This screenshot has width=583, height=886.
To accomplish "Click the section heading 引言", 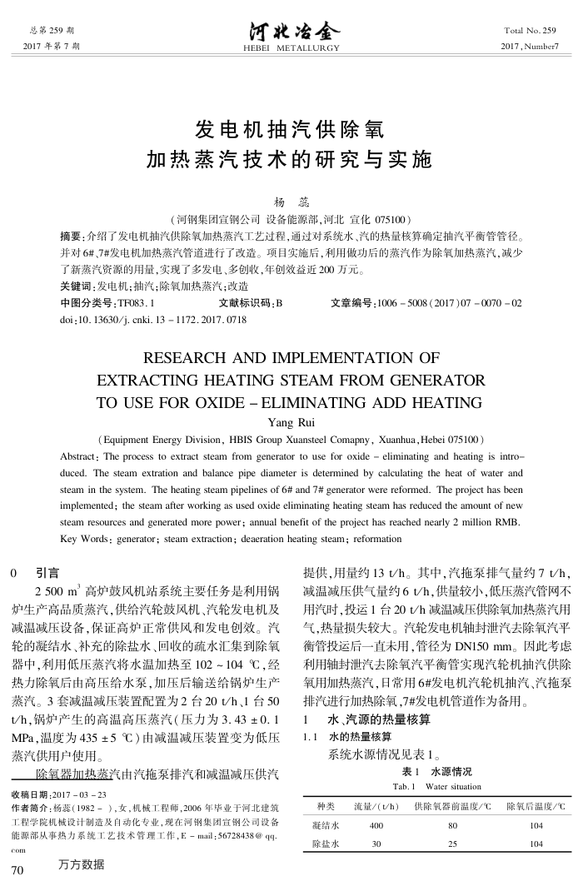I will [47, 574].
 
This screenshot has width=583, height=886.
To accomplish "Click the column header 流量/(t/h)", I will [377, 806].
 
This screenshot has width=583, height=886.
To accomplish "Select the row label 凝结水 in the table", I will [324, 826].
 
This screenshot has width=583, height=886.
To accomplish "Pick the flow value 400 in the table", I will [376, 826].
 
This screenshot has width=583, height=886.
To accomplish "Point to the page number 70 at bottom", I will [17, 870].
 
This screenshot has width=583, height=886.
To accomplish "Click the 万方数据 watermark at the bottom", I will [81, 864].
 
